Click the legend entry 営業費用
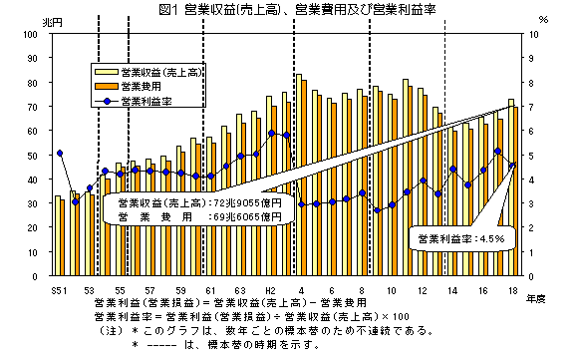[140, 86]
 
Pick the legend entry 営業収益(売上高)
[154, 72]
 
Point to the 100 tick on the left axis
[30, 33]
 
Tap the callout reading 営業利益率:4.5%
[461, 239]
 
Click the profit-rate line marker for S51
[60, 153]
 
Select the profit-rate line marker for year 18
[512, 166]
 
